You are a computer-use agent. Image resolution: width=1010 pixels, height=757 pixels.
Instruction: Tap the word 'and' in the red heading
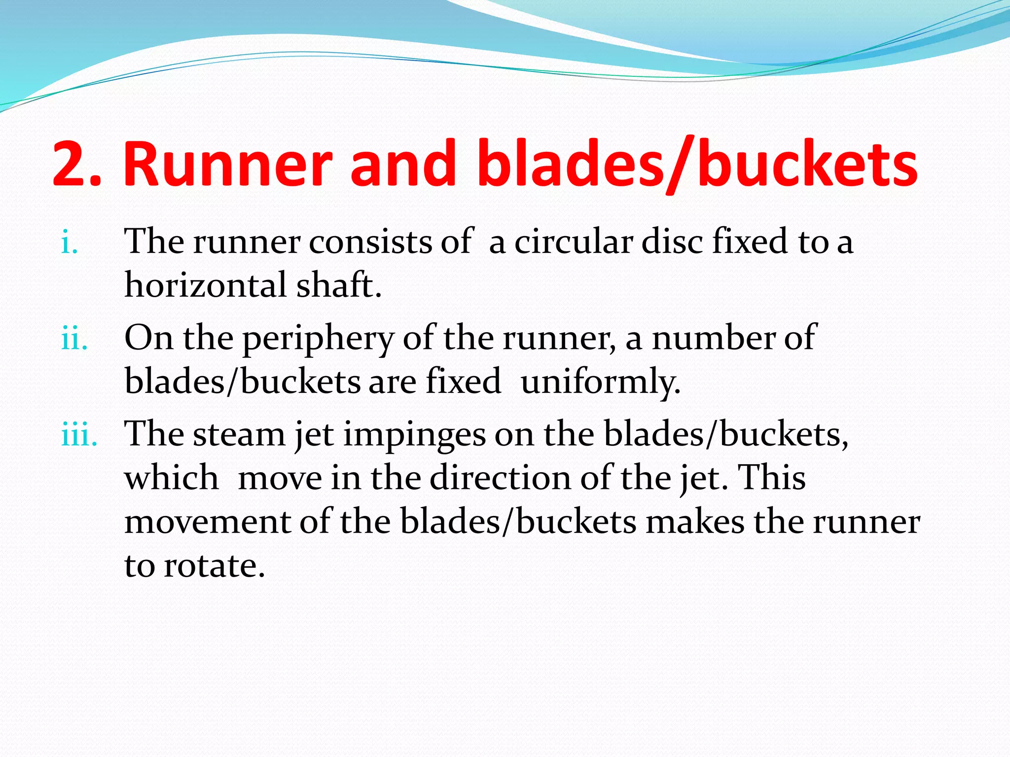(403, 164)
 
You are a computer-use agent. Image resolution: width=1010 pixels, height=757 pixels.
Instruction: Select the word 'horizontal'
(206, 285)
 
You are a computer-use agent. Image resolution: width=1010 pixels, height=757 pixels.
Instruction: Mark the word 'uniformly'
(600, 382)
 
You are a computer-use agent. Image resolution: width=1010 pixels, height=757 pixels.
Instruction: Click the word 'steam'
(239, 435)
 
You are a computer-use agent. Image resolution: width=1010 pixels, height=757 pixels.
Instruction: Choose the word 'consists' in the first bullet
(370, 242)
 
